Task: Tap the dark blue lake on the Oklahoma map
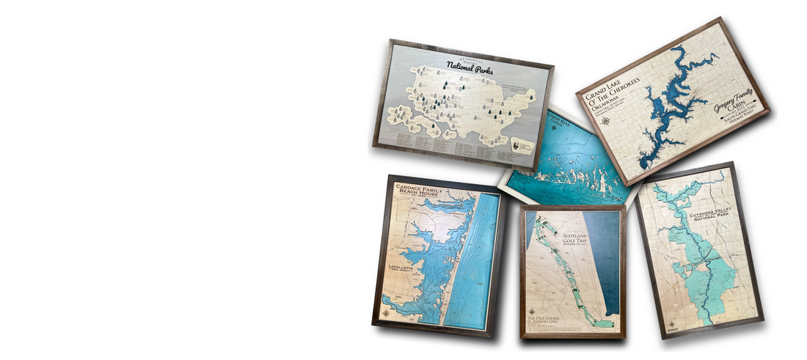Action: click(x=664, y=110)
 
